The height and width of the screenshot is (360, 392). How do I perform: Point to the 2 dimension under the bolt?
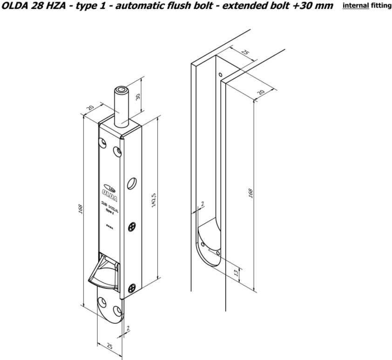(x=128, y=328)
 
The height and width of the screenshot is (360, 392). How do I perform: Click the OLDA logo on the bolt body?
(x=107, y=189)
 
